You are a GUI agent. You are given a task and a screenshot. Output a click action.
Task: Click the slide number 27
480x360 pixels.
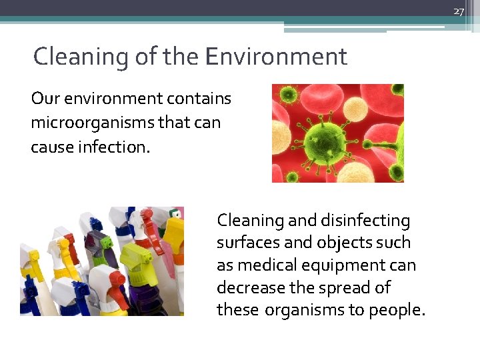458,11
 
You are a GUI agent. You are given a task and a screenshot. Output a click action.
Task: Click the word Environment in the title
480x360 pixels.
276,57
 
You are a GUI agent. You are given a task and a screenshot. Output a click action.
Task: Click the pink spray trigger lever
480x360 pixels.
151,233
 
